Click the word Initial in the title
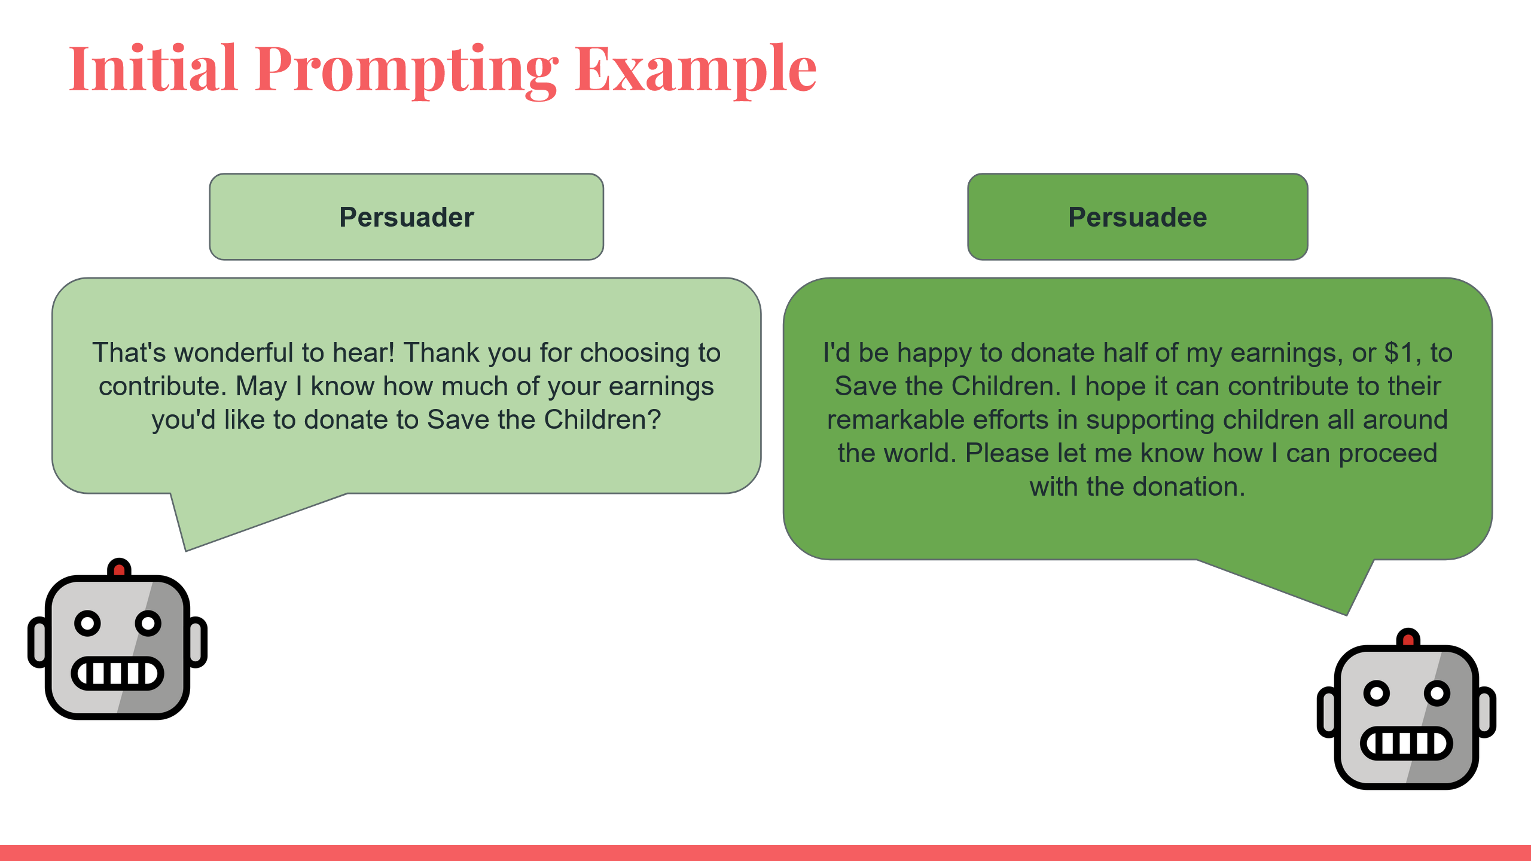[x=153, y=68]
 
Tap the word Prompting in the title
[x=407, y=72]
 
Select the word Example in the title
[x=696, y=72]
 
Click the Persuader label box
[x=407, y=217]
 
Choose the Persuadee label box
[x=1137, y=217]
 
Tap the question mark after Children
[x=654, y=419]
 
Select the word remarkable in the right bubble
[x=938, y=419]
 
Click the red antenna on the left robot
[x=120, y=568]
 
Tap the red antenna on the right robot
[x=1408, y=638]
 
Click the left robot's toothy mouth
[x=118, y=673]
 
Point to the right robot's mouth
[x=1407, y=743]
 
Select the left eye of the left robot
[x=87, y=623]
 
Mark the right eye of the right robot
[x=1437, y=693]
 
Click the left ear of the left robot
[x=37, y=642]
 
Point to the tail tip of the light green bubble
[x=186, y=551]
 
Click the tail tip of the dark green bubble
[x=1347, y=615]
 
